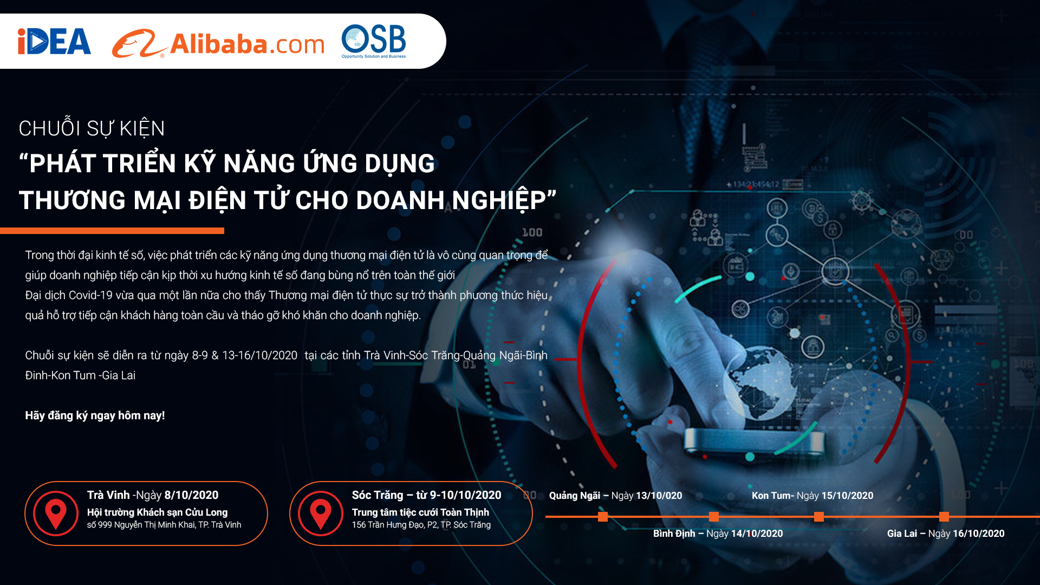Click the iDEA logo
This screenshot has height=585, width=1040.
(x=54, y=41)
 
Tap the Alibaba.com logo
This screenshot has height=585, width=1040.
(x=218, y=43)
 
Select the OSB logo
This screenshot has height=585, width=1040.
(x=374, y=41)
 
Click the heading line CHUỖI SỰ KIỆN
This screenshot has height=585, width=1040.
(x=92, y=128)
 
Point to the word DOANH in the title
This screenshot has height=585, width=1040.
(x=400, y=200)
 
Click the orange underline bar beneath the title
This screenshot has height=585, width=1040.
(x=112, y=231)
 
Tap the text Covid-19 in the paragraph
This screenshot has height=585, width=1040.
(x=82, y=295)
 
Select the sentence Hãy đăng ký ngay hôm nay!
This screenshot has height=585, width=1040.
(x=95, y=415)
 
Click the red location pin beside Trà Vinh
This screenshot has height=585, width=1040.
(x=55, y=513)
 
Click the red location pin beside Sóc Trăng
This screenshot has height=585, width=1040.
(x=320, y=513)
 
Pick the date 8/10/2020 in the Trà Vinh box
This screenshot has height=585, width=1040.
(x=191, y=495)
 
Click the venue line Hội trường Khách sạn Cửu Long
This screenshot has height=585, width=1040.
(x=157, y=512)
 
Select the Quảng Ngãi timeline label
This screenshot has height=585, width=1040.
(x=615, y=496)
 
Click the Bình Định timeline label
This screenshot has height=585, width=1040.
(x=718, y=534)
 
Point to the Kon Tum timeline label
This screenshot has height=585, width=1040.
(x=812, y=496)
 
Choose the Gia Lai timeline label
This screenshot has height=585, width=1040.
(x=946, y=534)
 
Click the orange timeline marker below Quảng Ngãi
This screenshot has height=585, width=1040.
(x=603, y=517)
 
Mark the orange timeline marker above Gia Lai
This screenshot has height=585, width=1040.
(x=944, y=517)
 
